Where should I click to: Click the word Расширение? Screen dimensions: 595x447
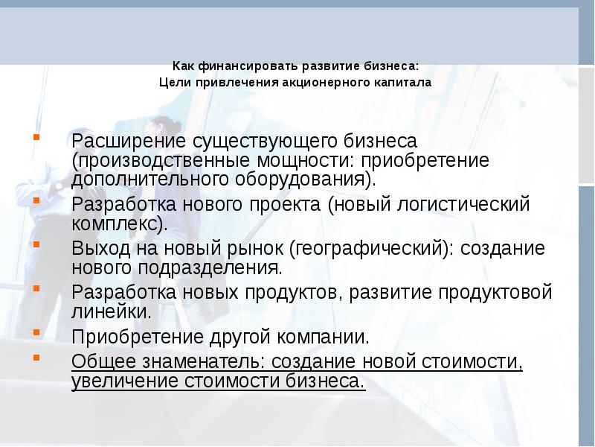129,142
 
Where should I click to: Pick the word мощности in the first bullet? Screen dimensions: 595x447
305,161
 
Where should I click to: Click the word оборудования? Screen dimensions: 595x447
300,180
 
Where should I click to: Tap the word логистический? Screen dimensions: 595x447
463,205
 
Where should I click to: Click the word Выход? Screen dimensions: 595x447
100,249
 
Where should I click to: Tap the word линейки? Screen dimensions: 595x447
109,311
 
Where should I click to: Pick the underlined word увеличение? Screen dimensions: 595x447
125,381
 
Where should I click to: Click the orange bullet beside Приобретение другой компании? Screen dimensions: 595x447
36,332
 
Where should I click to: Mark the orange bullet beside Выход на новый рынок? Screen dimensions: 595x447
36,244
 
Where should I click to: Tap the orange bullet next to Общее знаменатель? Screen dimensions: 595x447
36,358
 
